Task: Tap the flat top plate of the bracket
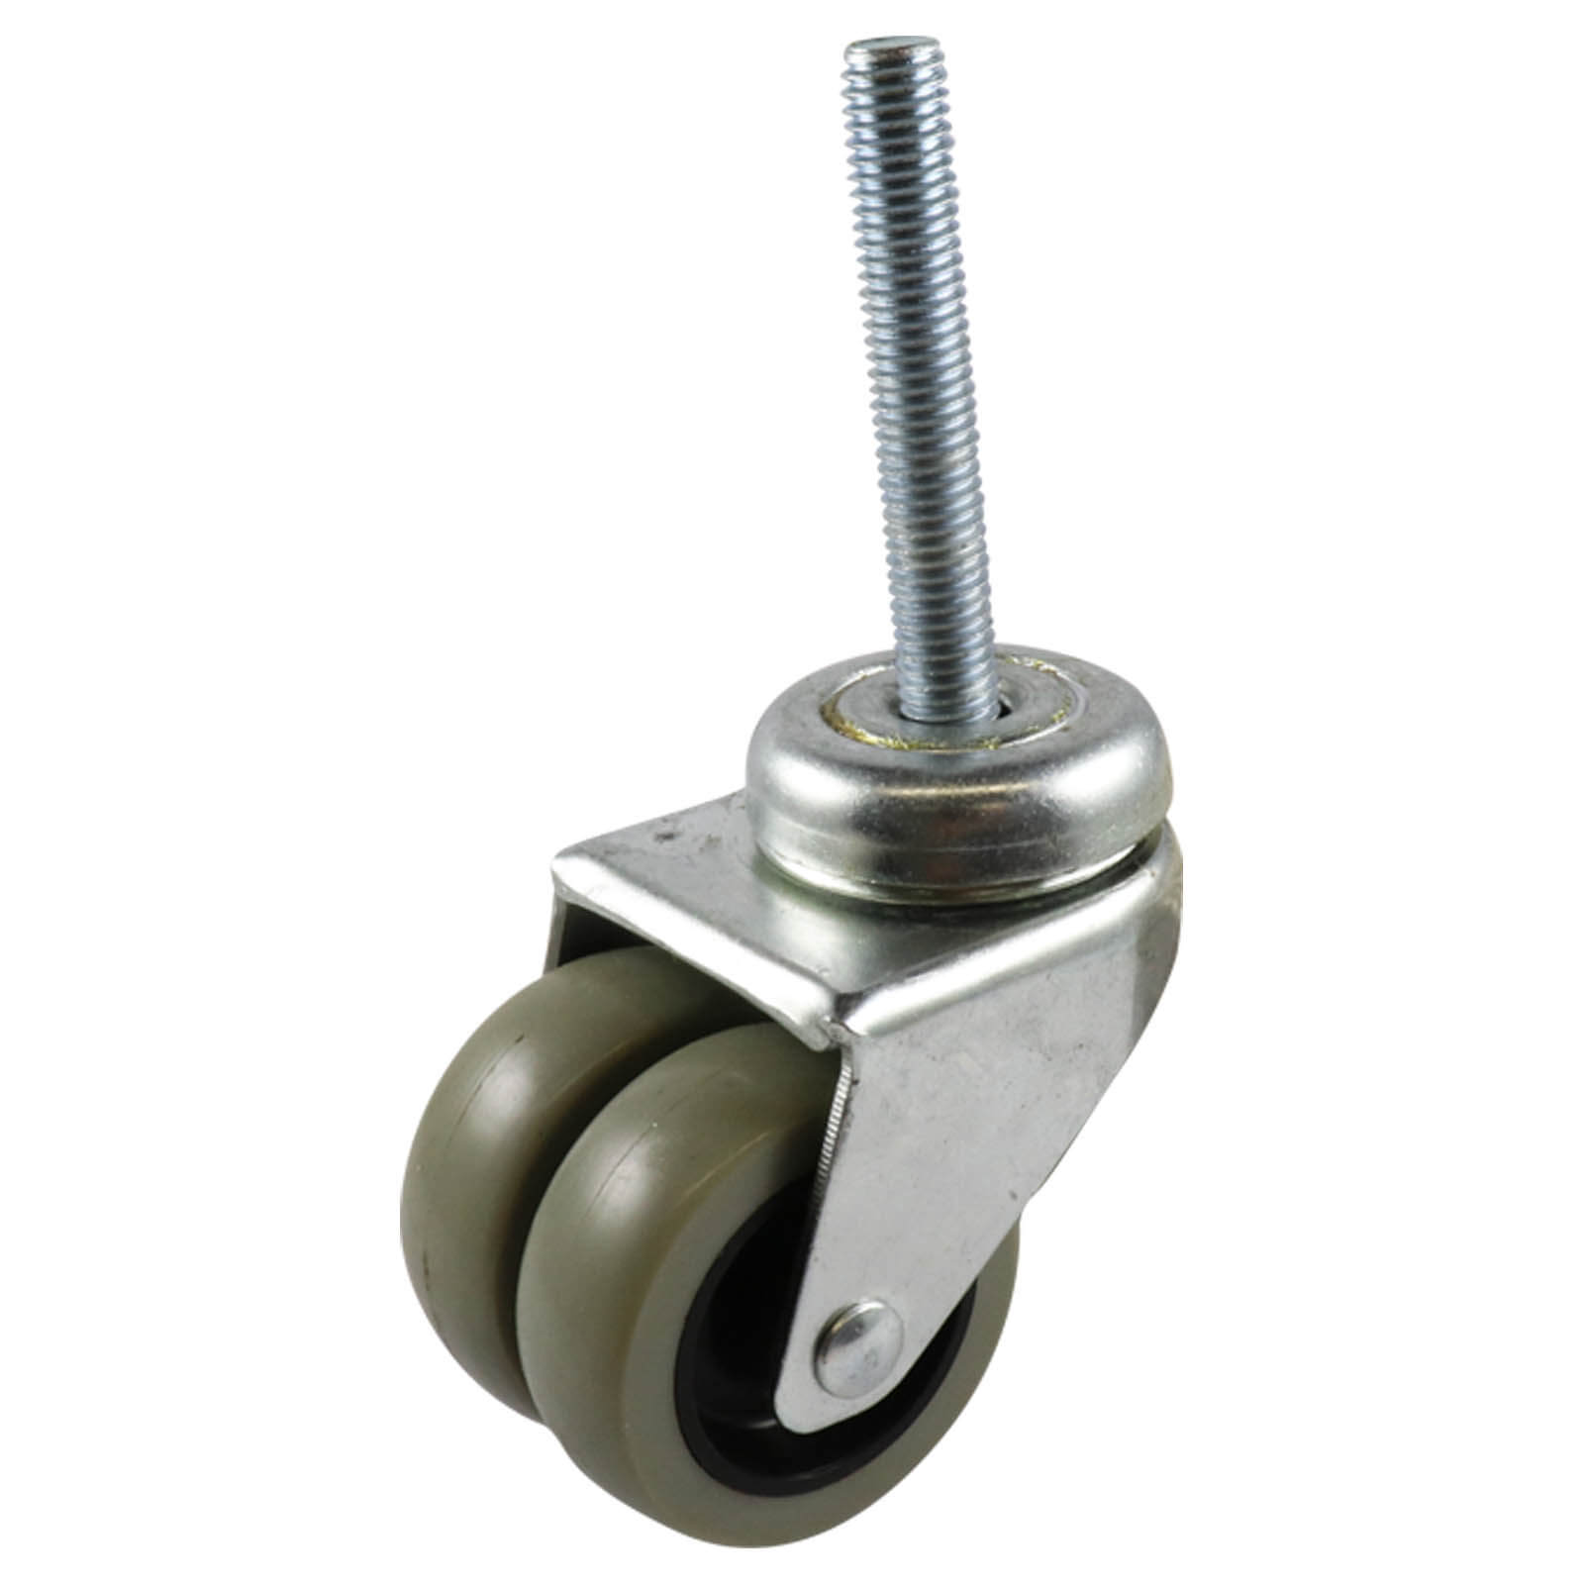pyautogui.click(x=713, y=891)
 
